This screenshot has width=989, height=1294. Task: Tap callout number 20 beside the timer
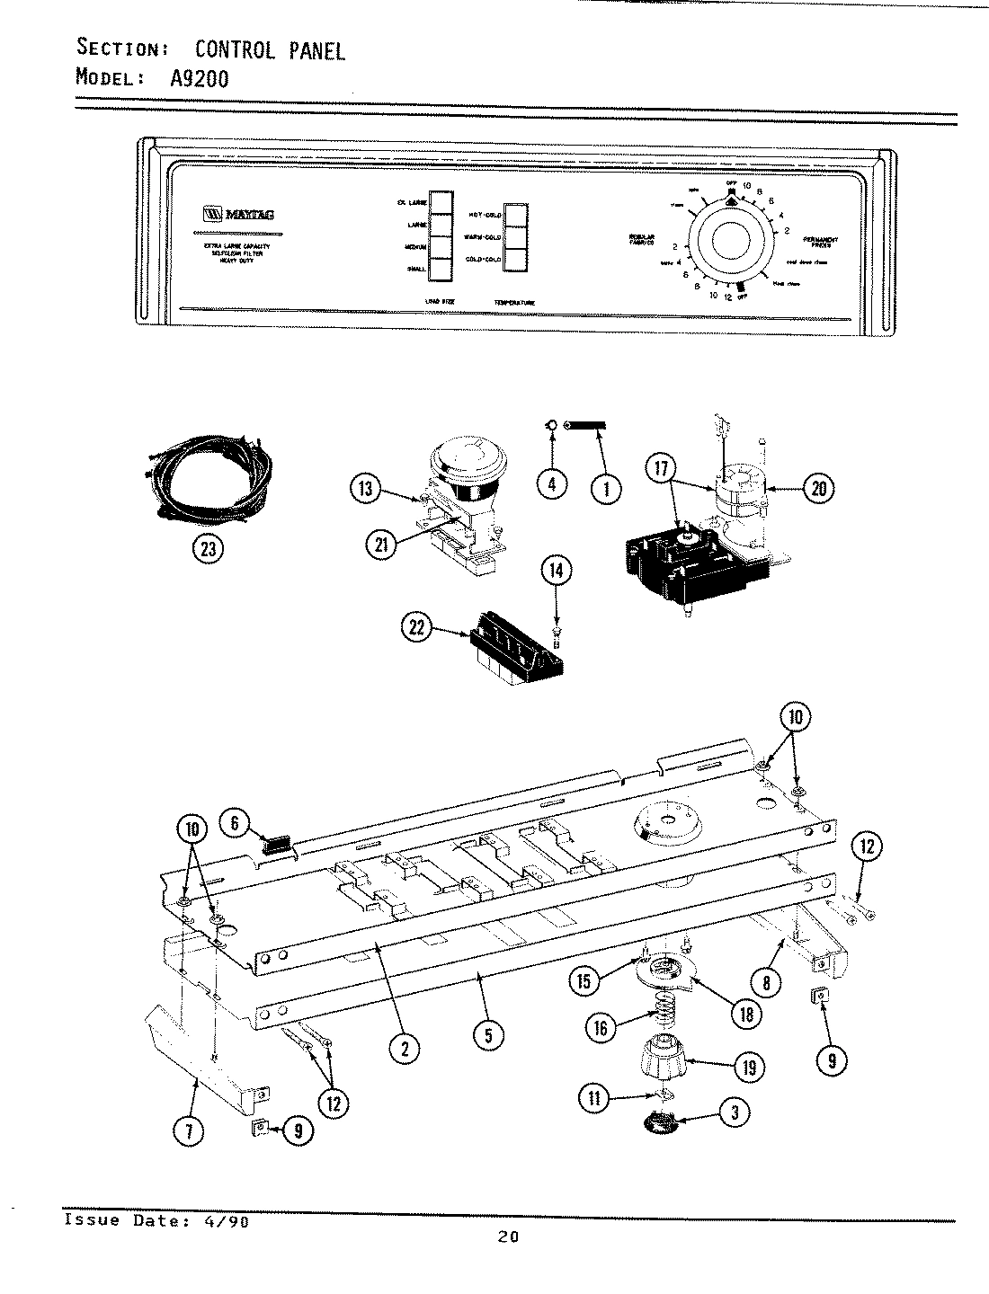817,488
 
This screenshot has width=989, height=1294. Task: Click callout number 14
556,570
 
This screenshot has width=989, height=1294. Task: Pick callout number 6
235,824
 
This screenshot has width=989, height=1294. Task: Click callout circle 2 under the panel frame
405,1046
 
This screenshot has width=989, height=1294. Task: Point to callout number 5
486,1034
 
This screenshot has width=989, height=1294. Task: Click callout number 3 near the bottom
735,1113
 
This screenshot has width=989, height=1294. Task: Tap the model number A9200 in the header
200,77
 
